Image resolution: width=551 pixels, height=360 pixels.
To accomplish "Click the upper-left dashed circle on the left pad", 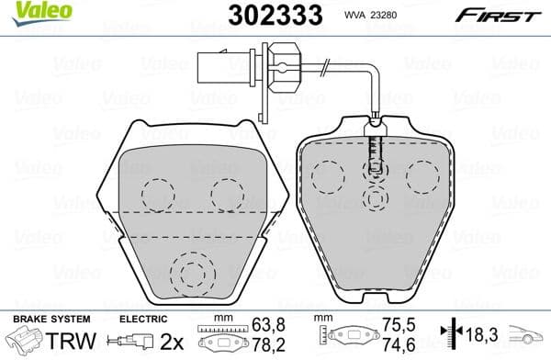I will (158, 193).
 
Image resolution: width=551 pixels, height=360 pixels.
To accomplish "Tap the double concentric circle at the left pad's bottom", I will (191, 273).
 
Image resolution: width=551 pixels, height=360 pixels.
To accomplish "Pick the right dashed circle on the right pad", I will (423, 174).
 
